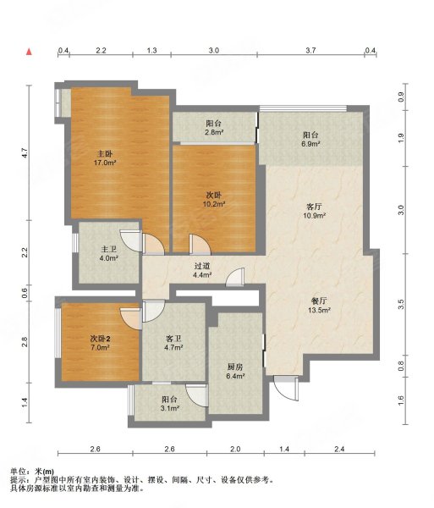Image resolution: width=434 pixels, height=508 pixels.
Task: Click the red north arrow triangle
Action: point(29,52)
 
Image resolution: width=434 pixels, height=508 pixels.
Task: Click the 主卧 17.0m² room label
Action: point(105,157)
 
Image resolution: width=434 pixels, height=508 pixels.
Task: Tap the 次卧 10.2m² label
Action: point(214,200)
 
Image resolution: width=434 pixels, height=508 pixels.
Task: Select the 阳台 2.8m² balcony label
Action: point(213,128)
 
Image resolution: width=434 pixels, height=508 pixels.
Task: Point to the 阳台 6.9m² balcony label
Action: point(310,140)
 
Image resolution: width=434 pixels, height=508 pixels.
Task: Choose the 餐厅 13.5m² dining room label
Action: point(319,305)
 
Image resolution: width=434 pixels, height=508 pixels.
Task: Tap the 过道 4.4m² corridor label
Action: point(202,271)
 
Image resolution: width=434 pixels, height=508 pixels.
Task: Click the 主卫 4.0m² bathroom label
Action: point(109,254)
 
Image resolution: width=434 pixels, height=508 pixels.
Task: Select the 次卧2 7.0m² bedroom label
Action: point(100,344)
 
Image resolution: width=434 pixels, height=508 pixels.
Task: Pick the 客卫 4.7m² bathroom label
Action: point(173,343)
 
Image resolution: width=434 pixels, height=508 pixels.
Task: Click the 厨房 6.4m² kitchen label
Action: point(235,372)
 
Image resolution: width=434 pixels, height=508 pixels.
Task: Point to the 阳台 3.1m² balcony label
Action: point(170,404)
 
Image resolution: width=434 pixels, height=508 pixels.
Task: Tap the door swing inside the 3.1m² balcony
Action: point(197,395)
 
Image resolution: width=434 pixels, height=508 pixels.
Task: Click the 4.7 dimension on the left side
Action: point(24,152)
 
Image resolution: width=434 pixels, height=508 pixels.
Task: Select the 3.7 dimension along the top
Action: point(310,50)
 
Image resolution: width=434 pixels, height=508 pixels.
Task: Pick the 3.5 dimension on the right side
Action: point(401,304)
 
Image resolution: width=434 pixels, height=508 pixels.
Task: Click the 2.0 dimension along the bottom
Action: point(235,449)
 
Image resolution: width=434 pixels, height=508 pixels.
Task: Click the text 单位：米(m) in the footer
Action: point(32,472)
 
